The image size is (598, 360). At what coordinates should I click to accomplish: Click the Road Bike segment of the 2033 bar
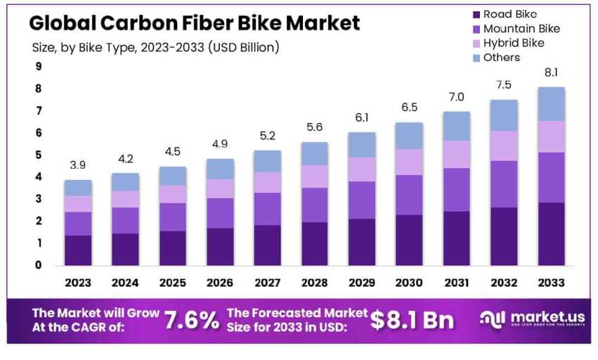coord(552,233)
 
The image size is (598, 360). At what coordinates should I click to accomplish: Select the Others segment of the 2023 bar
coord(78,188)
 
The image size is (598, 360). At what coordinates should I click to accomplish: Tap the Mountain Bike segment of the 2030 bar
coord(409,195)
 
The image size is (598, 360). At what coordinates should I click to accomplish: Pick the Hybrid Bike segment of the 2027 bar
coord(267,182)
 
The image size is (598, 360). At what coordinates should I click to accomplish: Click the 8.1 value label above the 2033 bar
coord(552,72)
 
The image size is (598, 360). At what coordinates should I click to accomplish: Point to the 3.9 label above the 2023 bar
coord(78,165)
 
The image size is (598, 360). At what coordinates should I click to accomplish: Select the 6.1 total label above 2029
coord(362,117)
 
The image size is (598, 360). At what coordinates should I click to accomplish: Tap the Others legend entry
coord(501,58)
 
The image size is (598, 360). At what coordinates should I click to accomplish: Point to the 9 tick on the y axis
coord(38,67)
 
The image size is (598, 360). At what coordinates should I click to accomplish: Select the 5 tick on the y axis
coord(38,155)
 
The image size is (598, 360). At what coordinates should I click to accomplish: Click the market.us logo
coord(530,320)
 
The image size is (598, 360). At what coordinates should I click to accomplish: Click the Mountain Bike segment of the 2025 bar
coord(172,217)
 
